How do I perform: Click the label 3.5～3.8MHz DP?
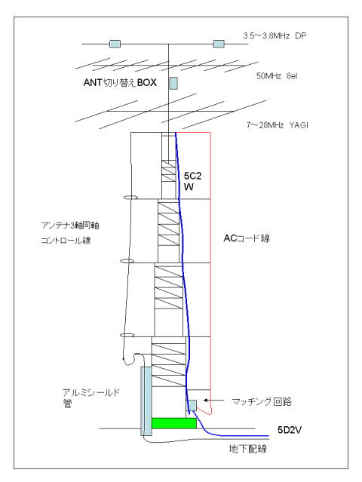(x=275, y=35)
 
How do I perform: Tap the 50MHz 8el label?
(x=277, y=76)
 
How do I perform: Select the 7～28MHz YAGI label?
(x=278, y=125)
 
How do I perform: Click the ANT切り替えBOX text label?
(x=120, y=82)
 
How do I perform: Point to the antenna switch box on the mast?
(x=173, y=83)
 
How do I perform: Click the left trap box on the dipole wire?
(x=115, y=44)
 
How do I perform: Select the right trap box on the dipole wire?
(x=219, y=44)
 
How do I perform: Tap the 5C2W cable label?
(x=192, y=181)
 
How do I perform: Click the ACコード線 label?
(x=247, y=238)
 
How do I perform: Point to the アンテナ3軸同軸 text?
(x=70, y=226)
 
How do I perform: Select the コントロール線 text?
(x=66, y=240)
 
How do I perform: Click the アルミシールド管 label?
(x=90, y=398)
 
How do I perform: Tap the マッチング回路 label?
(x=262, y=401)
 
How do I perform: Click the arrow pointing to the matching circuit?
(x=215, y=401)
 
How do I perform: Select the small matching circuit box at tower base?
(x=192, y=405)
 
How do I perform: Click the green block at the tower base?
(x=174, y=423)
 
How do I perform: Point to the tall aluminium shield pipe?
(x=146, y=401)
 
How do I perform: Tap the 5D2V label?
(x=289, y=430)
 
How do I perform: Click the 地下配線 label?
(x=247, y=449)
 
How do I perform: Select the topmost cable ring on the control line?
(x=130, y=198)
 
